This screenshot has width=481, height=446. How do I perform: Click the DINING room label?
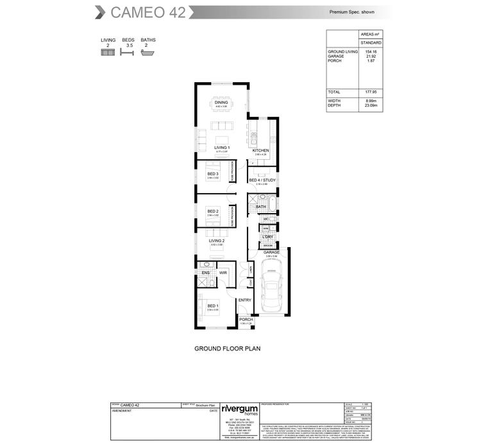tap(221, 103)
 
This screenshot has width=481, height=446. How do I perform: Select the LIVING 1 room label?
tap(222, 148)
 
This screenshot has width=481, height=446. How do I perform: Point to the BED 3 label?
tap(213, 174)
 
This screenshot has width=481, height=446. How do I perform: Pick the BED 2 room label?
tap(213, 211)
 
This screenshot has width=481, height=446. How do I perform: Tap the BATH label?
tap(261, 207)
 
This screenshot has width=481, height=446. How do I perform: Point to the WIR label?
tap(223, 273)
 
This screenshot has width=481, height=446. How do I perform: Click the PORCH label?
tap(246, 320)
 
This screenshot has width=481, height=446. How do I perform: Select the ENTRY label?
tap(244, 300)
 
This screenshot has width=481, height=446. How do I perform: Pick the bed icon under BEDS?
tap(128, 53)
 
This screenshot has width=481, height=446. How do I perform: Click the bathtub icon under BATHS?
tap(148, 53)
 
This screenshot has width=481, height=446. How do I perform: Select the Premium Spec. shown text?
tap(353, 12)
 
